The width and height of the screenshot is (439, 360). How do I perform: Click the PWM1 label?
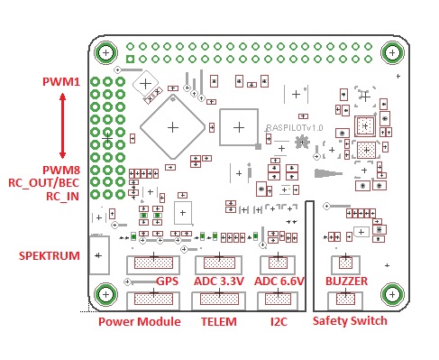click(61, 82)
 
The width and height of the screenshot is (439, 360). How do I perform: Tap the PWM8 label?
click(61, 171)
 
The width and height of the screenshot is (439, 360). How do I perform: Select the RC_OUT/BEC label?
click(44, 183)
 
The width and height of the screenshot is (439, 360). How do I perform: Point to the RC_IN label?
click(62, 197)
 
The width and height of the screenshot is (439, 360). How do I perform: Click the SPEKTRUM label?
click(50, 256)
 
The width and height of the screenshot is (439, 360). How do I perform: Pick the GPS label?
click(168, 282)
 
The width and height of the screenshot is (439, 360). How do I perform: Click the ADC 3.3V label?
click(219, 282)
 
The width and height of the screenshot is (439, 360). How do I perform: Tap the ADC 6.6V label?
click(279, 282)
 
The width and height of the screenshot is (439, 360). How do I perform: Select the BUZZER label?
click(346, 282)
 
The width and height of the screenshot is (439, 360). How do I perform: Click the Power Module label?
click(140, 322)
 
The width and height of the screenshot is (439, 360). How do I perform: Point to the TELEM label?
click(219, 322)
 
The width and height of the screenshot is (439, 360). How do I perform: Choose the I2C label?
click(279, 322)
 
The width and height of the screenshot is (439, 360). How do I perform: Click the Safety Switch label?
click(350, 321)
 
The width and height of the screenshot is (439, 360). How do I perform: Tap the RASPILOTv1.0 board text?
click(295, 128)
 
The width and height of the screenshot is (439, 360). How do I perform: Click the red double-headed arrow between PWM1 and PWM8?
click(62, 125)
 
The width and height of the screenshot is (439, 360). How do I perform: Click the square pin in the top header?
click(130, 59)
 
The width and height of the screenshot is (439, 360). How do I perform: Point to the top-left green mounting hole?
click(105, 53)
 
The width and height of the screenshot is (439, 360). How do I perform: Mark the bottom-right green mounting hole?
click(392, 294)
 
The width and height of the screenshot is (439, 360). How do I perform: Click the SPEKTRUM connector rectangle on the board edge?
click(90, 255)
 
